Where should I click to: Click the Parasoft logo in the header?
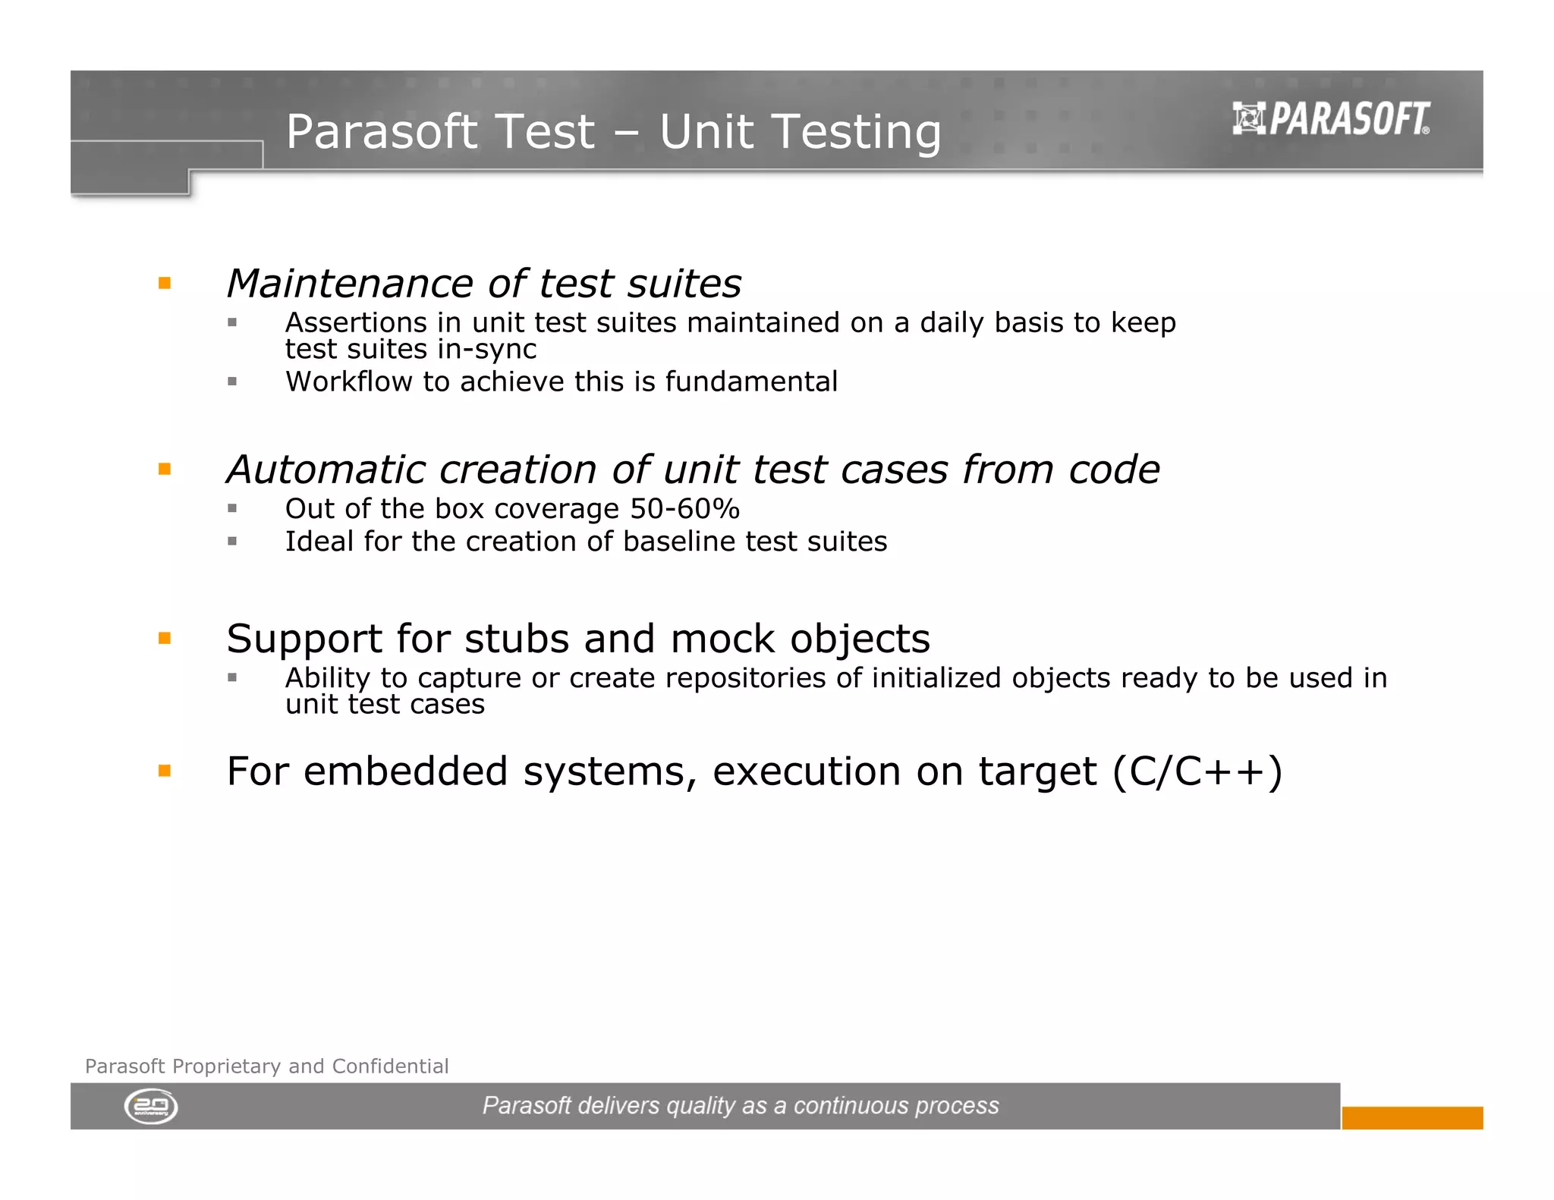tap(1331, 119)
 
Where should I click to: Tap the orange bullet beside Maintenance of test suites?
tap(165, 284)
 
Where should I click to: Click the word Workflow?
tap(348, 382)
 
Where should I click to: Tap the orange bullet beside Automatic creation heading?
tap(165, 470)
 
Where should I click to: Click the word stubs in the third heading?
tap(516, 639)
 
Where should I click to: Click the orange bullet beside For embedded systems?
tap(165, 771)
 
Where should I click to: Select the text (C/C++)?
tap(1197, 771)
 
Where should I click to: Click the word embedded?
tap(405, 771)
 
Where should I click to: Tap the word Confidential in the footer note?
tap(390, 1066)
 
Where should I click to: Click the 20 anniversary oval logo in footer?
tap(151, 1107)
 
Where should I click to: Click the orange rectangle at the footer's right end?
tap(1411, 1117)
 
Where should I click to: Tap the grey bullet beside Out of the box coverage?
tap(232, 508)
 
